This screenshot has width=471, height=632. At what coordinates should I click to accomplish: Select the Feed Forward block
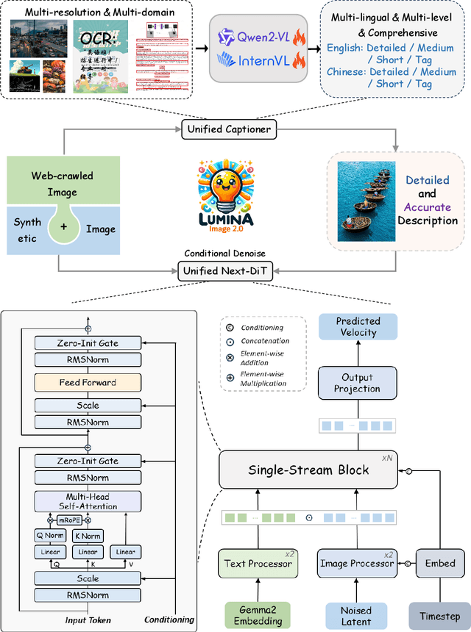pos(88,382)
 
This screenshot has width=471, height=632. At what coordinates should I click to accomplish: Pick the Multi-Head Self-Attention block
pos(88,502)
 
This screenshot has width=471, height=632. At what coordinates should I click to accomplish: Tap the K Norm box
pos(88,535)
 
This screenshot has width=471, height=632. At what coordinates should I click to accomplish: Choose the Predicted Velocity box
pos(358,326)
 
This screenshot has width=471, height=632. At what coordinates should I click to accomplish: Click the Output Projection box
pos(358,383)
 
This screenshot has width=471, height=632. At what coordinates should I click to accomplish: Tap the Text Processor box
pos(257,564)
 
